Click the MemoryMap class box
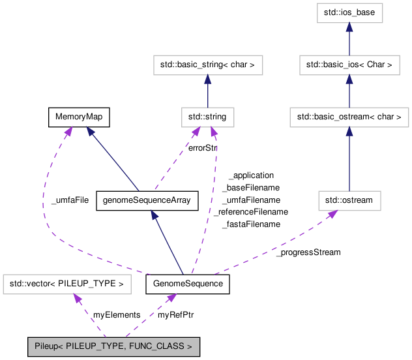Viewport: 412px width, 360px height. pos(78,117)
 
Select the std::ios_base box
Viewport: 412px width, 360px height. pos(349,12)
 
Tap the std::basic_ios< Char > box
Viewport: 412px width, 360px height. pos(349,65)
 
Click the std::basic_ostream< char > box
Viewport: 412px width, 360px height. pos(349,117)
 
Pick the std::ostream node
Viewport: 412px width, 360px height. pos(349,200)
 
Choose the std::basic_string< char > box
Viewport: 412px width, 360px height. pos(207,65)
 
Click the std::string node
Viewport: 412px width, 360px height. pos(207,117)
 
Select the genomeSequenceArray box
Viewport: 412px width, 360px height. pos(146,200)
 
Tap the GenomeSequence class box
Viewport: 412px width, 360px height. pos(188,284)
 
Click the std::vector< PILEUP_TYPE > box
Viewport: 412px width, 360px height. pos(67,284)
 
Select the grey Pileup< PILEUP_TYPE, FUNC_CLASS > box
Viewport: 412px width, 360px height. pos(113,347)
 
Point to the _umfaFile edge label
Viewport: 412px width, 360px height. pos(70,200)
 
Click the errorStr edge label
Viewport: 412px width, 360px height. pos(201,148)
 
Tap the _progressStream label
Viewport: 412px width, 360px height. pos(308,252)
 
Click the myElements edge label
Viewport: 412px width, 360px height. pos(117,315)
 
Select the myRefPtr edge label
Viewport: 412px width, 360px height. pos(175,315)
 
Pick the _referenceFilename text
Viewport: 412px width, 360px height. pos(251,212)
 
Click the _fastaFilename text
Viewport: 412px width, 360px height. pos(251,224)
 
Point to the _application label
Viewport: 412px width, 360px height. pos(251,175)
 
